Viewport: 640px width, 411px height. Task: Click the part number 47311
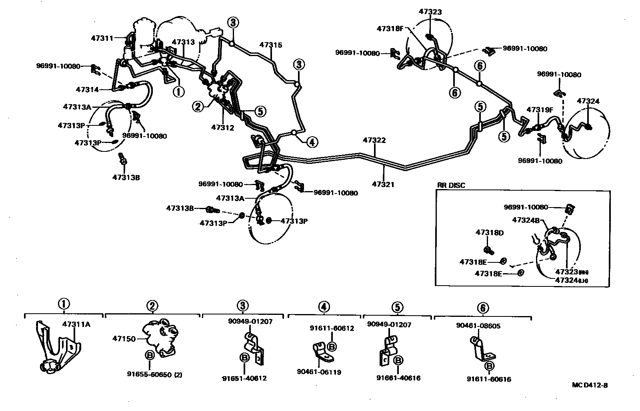coord(102,38)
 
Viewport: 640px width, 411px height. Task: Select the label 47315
coord(270,45)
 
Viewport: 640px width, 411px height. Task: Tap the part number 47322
coord(374,140)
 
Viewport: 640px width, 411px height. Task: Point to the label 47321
coord(383,184)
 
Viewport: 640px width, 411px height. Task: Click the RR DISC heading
coord(451,185)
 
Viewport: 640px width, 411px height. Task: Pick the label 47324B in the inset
coord(526,220)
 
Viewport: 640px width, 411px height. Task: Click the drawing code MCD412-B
coord(590,385)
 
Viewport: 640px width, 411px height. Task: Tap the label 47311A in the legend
coord(76,324)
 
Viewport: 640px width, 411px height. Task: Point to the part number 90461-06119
coord(319,372)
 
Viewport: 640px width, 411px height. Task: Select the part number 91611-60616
coord(489,379)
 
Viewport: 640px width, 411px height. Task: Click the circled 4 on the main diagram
coord(312,141)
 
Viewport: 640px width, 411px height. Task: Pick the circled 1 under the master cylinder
coord(178,92)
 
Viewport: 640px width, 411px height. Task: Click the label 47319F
coord(540,110)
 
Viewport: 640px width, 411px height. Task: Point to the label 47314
coord(87,90)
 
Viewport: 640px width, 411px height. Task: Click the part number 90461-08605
coord(478,326)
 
